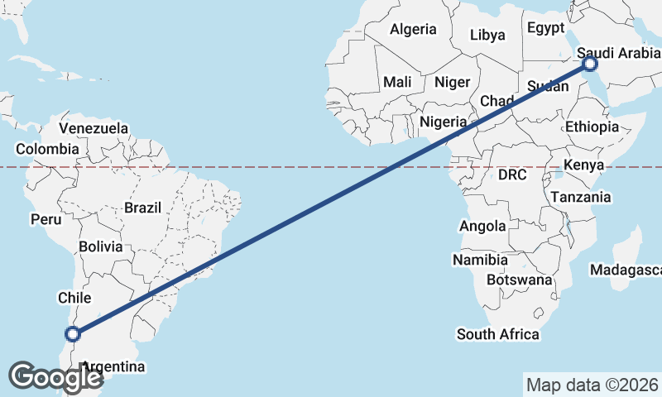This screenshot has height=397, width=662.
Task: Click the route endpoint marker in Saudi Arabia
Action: pos(590,64)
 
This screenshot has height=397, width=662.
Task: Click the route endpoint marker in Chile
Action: pos(73,334)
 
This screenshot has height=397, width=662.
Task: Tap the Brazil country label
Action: pos(142,208)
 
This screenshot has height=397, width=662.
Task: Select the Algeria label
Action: pos(413,30)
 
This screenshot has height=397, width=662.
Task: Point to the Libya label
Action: pos(487,35)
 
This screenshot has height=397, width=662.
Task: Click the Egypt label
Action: pos(544,27)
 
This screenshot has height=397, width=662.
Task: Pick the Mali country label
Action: pos(397,82)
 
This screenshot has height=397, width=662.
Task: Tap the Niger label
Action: pos(452,82)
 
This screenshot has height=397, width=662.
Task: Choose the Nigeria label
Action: pos(443,122)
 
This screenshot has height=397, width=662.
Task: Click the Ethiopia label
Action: pos(592,127)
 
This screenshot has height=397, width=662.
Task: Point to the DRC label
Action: pos(512,175)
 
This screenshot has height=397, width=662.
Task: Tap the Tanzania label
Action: pos(581,197)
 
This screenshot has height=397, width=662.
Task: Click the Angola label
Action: pos(482,226)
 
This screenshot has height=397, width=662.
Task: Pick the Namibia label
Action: pos(480,260)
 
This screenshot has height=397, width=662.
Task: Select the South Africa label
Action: pos(498,334)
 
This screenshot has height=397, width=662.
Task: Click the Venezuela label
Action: pos(94,128)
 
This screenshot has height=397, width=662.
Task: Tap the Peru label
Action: pos(46,219)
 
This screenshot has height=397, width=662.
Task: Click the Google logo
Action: pos(55,376)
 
